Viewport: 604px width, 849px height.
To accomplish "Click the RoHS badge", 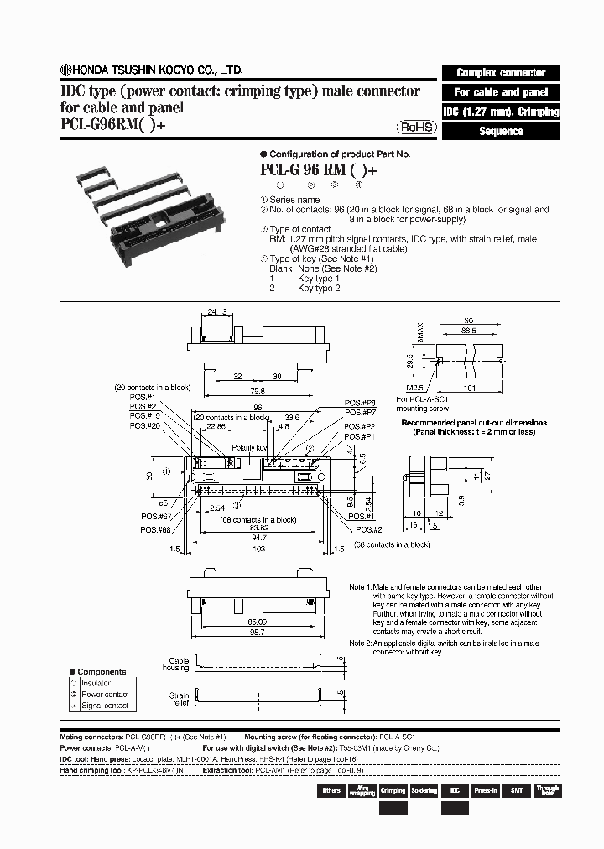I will [x=416, y=127].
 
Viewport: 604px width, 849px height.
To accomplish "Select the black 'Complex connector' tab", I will [x=500, y=73].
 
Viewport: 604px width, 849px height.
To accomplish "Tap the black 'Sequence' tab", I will [x=500, y=132].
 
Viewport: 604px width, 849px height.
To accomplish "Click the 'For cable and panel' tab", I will [x=500, y=92].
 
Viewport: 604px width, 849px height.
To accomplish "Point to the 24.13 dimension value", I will [x=217, y=311].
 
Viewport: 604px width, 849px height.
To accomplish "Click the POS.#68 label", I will [x=153, y=530].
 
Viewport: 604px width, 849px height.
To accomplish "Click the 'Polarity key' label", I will [x=249, y=449].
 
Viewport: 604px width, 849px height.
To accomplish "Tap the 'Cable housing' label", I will [x=179, y=665].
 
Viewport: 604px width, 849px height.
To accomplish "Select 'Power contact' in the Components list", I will [x=105, y=694].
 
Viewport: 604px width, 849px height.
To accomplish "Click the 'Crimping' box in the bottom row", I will [x=393, y=790].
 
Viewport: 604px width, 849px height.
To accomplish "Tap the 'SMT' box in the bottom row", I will [x=517, y=790].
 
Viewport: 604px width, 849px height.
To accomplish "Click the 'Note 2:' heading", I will [x=363, y=643].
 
